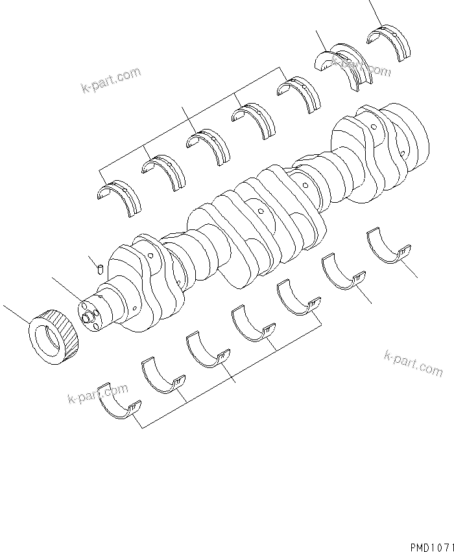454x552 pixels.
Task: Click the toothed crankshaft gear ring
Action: tap(54, 334)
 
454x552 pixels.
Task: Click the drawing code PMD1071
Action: tap(431, 546)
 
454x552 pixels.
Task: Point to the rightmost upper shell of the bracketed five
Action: tap(298, 95)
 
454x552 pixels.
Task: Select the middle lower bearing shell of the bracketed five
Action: tap(208, 354)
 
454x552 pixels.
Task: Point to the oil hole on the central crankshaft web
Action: tap(259, 212)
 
